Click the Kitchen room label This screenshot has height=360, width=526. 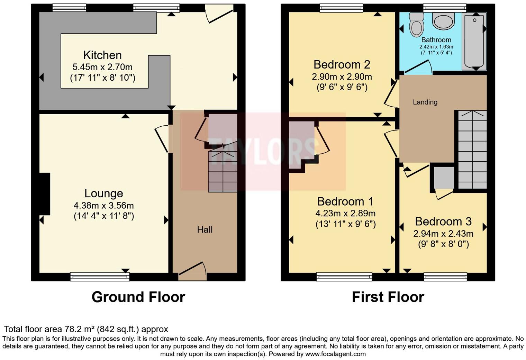point(102,55)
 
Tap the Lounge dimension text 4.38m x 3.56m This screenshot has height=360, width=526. point(103,206)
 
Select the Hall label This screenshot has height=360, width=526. point(205,229)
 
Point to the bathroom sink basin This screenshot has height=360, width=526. point(443,21)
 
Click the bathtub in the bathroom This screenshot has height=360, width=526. point(474,41)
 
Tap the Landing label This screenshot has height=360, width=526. point(425,102)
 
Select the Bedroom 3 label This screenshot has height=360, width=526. point(443,222)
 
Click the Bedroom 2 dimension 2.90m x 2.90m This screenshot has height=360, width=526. point(342,77)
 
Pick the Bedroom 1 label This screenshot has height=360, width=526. point(345,201)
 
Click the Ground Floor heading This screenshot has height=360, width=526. point(138,297)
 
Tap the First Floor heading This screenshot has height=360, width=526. point(388,297)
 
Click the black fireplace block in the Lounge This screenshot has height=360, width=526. point(45,194)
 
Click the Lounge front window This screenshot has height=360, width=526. point(100,276)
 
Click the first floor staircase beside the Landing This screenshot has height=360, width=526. point(472,150)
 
